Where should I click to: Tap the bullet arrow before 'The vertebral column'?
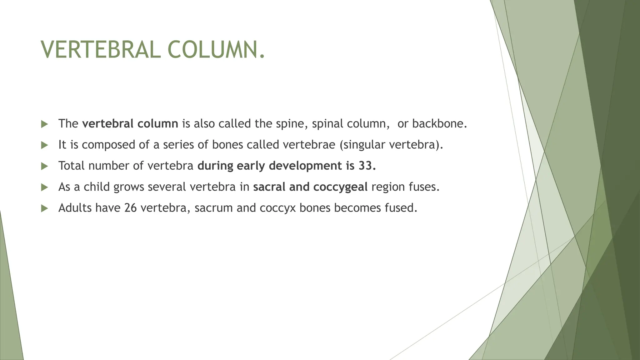click(x=44, y=124)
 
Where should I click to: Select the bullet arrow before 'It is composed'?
click(x=44, y=145)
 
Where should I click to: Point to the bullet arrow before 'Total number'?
click(x=44, y=166)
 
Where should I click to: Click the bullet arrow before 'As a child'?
click(x=44, y=187)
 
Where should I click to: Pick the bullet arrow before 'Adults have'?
click(x=44, y=208)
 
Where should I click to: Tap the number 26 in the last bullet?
click(x=130, y=208)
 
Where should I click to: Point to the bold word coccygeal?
click(x=340, y=187)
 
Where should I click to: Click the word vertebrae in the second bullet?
click(x=309, y=145)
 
